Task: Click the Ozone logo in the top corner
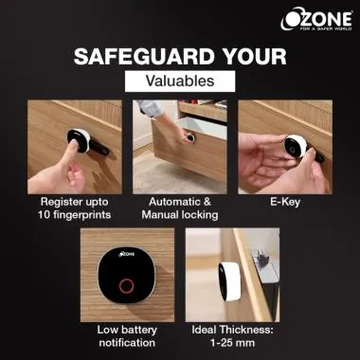[x=316, y=19]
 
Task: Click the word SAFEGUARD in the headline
[x=144, y=57]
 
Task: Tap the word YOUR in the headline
[x=254, y=57]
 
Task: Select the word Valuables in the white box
[x=180, y=81]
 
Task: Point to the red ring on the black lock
[x=126, y=286]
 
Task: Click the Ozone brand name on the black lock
[x=126, y=254]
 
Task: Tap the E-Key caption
[x=285, y=202]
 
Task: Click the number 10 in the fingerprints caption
[x=44, y=215]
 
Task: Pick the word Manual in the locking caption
[x=160, y=215]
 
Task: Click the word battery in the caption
[x=139, y=331]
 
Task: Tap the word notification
[x=127, y=343]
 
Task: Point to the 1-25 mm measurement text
[x=232, y=343]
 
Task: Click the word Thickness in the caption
[x=247, y=331]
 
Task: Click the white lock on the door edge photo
[x=229, y=281]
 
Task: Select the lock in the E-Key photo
[x=295, y=146]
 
